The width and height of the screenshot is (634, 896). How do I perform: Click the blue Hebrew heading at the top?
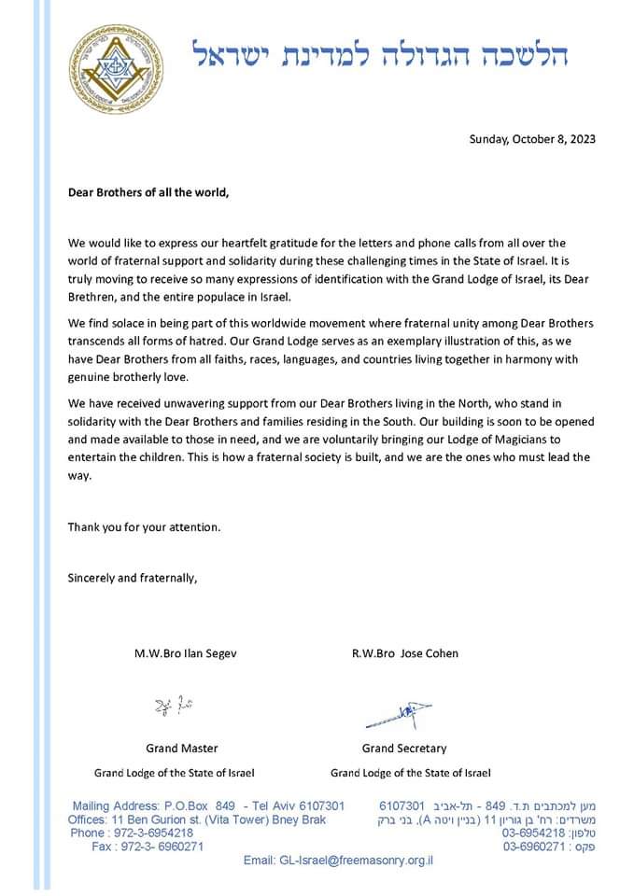[381, 53]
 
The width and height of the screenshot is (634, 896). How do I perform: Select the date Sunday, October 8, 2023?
[531, 139]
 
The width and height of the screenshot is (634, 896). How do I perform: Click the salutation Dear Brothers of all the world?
[148, 193]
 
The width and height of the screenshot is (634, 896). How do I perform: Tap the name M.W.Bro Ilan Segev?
[185, 653]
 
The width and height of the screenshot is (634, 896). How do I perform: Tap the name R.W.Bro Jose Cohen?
[404, 653]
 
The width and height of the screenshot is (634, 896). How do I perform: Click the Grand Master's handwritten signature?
[169, 707]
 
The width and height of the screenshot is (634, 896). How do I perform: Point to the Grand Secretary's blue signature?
[398, 714]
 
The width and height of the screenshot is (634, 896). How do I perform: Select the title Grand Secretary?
[404, 748]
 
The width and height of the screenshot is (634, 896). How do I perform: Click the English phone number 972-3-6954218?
[151, 833]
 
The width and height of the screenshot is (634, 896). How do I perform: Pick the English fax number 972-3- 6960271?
[160, 846]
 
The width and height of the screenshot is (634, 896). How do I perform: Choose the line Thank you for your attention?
[144, 526]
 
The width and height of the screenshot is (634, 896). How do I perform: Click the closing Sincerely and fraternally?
[132, 577]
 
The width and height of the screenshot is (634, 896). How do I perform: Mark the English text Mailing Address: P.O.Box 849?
[154, 805]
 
